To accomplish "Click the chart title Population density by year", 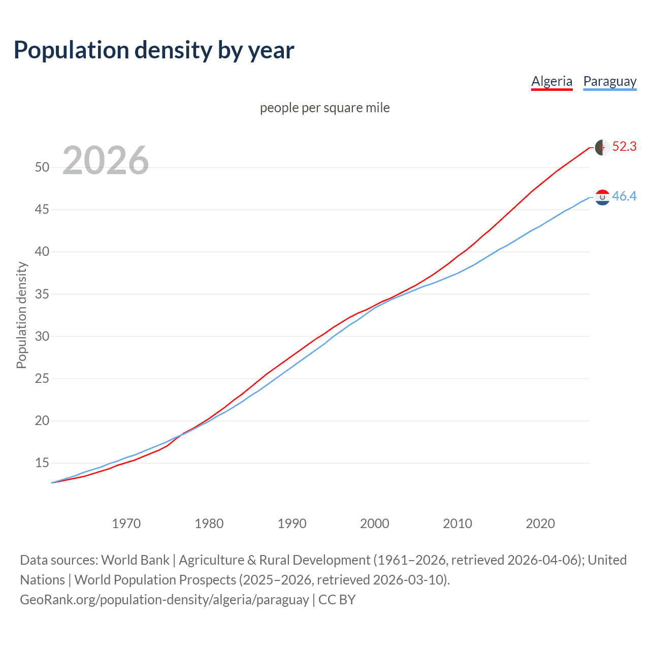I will [x=154, y=50].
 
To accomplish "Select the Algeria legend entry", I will [x=551, y=81].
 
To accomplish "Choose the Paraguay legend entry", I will [x=609, y=81].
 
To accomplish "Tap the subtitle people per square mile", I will [x=325, y=108].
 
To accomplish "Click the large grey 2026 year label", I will [x=106, y=160].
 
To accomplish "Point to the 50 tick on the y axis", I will [x=42, y=167].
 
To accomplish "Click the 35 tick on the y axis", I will [x=42, y=294].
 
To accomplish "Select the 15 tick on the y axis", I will [x=42, y=463].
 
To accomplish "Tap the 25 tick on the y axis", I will [x=42, y=378].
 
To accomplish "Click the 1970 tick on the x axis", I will [x=126, y=524].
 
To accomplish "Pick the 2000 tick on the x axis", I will [x=375, y=524].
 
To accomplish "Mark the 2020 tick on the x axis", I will [x=540, y=524].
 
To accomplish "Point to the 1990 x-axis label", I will [x=292, y=524].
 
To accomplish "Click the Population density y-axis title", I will [x=21, y=315].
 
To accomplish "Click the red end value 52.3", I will [x=624, y=147].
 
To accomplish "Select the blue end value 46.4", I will [x=624, y=196].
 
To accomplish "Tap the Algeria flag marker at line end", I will [x=602, y=147].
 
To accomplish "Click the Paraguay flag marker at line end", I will [x=602, y=197].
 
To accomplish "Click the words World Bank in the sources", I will [x=135, y=560].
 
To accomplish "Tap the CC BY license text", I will [x=337, y=600].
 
